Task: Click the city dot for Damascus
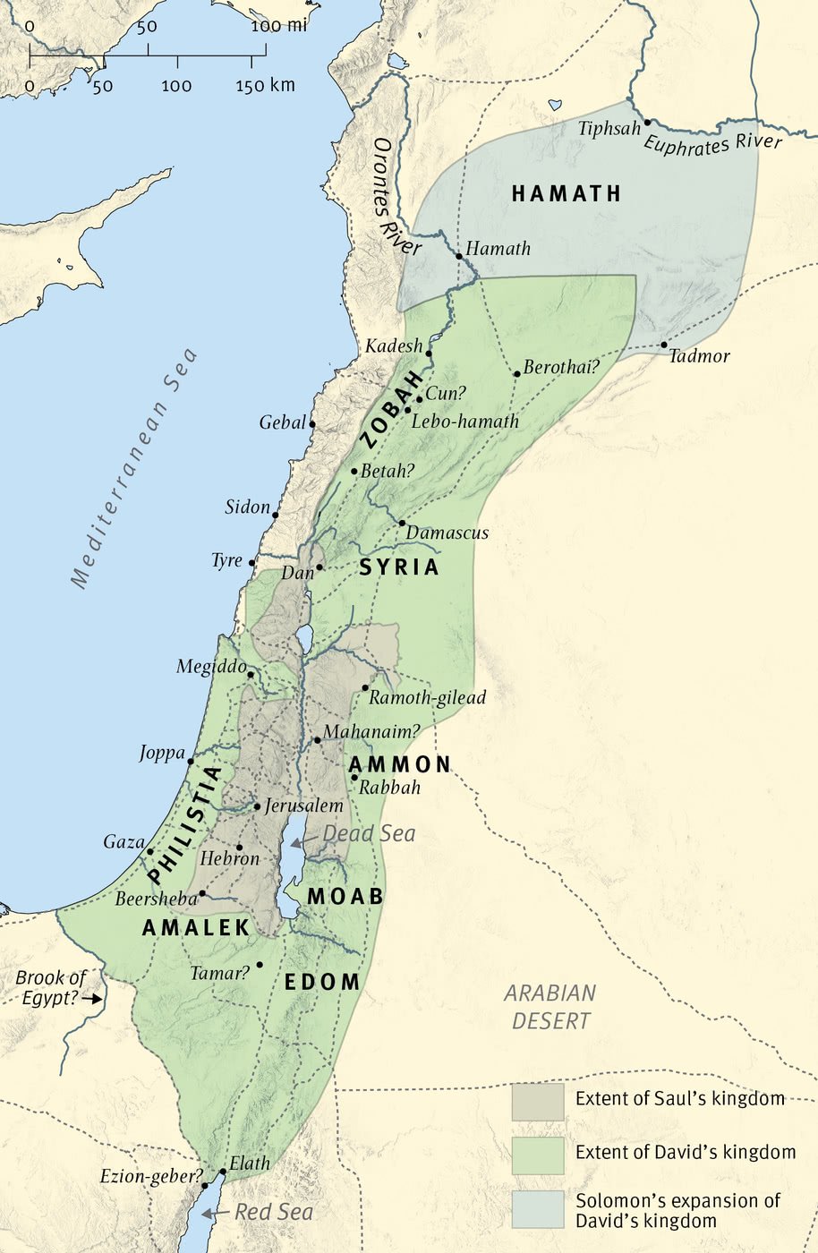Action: (x=402, y=523)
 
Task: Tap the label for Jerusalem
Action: (x=303, y=805)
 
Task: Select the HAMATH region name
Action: (x=566, y=194)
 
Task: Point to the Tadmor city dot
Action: (x=664, y=345)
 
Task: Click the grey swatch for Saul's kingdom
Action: (x=538, y=1102)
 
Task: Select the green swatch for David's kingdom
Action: (x=538, y=1155)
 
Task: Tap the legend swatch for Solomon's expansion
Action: (x=538, y=1209)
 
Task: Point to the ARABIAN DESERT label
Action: (x=550, y=1007)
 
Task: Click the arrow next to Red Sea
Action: (x=209, y=1213)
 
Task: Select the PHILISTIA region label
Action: (x=183, y=824)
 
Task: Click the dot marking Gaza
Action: (x=150, y=851)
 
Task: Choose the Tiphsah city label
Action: (x=609, y=128)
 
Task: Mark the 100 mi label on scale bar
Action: (x=278, y=26)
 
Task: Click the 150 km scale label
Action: (x=265, y=86)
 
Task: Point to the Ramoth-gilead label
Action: (x=427, y=697)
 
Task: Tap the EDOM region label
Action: (x=322, y=982)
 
